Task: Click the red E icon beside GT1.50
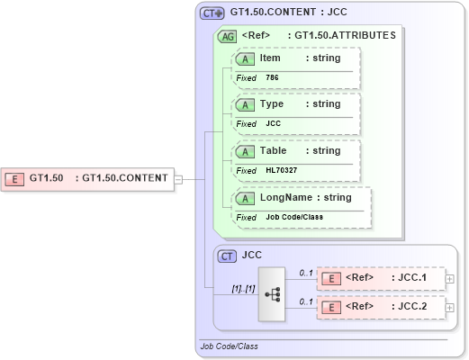[15, 178]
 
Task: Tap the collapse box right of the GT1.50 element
[178, 178]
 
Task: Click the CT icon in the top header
[212, 13]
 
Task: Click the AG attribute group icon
[227, 36]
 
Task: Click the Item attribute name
[270, 58]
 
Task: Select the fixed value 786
[272, 78]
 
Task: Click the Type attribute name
[272, 104]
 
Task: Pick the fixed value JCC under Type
[274, 123]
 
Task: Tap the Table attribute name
[274, 151]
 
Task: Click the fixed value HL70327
[281, 170]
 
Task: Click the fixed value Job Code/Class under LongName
[293, 217]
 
